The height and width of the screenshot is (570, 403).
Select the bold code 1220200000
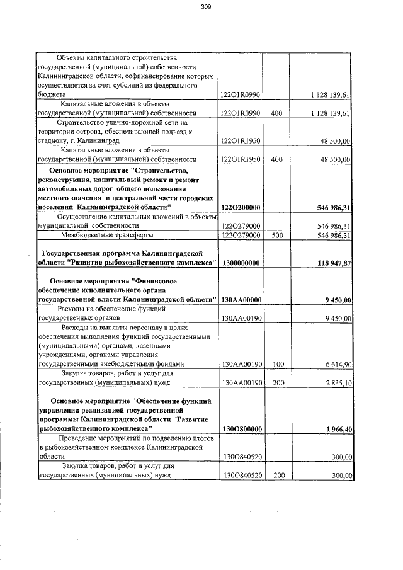point(242,207)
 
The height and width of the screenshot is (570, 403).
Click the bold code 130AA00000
point(242,300)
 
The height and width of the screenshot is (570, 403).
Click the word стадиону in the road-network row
point(54,141)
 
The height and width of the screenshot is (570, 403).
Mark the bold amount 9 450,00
point(335,300)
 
